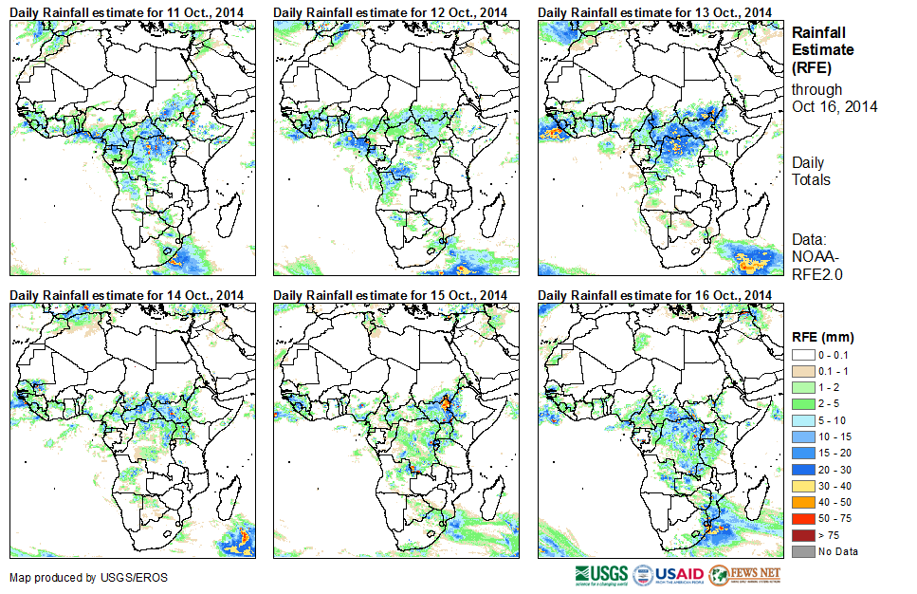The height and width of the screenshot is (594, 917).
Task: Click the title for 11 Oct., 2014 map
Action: (x=127, y=11)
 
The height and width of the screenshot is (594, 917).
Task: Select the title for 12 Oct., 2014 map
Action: (x=391, y=11)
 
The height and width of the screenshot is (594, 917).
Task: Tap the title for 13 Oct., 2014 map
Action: (x=655, y=11)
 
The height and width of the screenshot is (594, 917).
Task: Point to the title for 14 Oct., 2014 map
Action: (x=127, y=295)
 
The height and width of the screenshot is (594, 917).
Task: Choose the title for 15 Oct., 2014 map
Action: (x=391, y=295)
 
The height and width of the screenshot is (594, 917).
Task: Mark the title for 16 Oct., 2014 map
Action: (x=655, y=295)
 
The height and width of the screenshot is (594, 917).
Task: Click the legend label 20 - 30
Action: (x=833, y=460)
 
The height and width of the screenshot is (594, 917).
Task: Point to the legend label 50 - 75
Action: (x=833, y=521)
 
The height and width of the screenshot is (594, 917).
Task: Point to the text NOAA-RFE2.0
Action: (x=817, y=266)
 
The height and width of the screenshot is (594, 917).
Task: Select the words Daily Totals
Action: (x=811, y=172)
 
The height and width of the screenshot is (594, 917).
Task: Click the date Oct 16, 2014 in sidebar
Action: (x=834, y=106)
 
